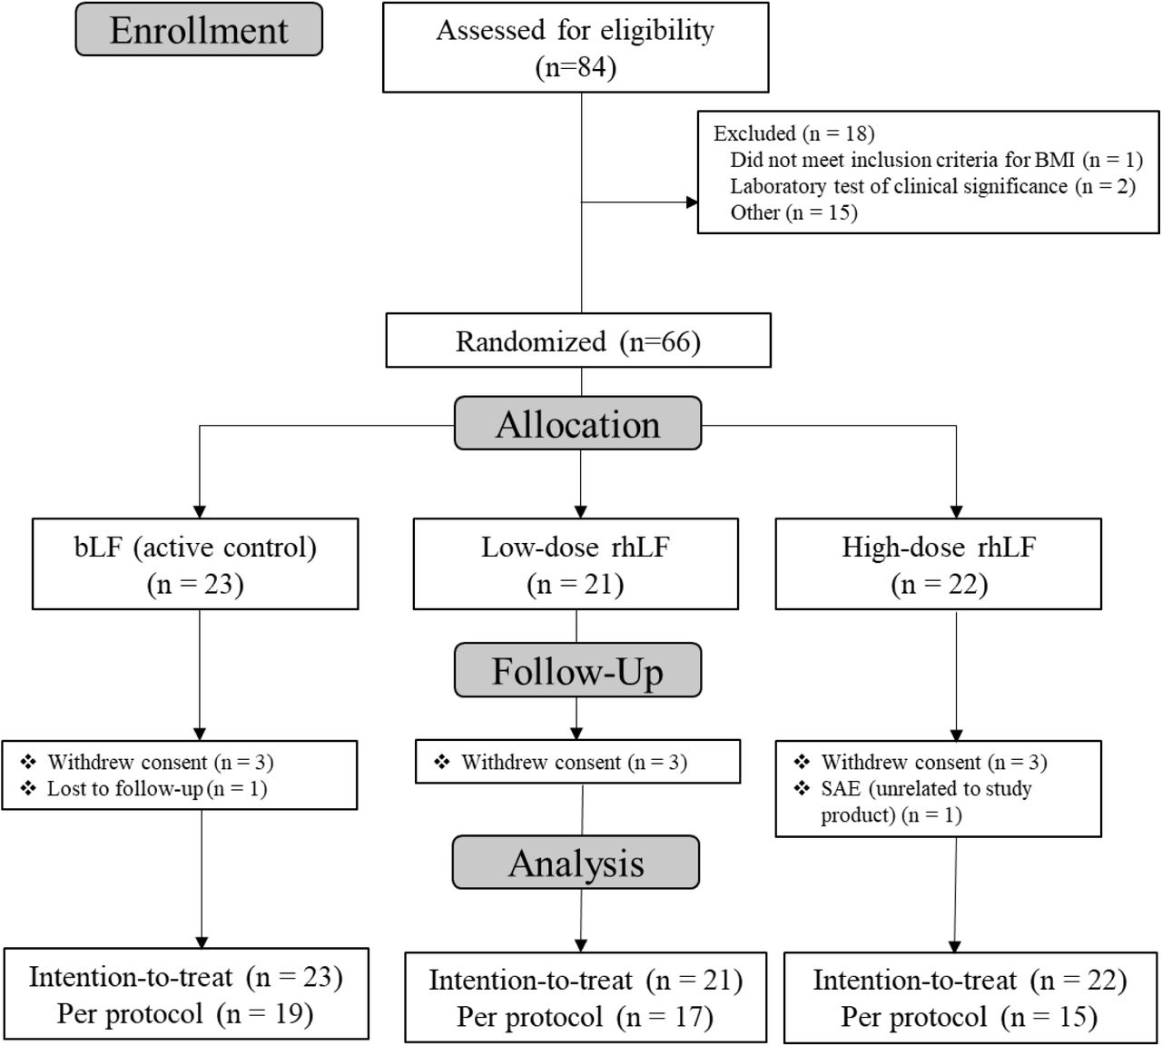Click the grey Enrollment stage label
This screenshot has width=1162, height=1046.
click(x=199, y=30)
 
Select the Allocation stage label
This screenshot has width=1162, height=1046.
click(x=577, y=424)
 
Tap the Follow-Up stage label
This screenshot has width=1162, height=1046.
click(x=577, y=670)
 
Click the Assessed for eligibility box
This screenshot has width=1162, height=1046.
click(x=576, y=47)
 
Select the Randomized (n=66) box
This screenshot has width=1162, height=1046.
click(x=578, y=340)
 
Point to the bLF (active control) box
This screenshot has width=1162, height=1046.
click(x=195, y=564)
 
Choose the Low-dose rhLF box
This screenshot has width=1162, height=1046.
click(x=576, y=564)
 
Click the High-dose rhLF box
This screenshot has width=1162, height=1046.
click(x=939, y=564)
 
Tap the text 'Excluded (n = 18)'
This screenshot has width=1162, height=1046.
click(x=793, y=133)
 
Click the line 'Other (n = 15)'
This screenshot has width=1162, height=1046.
click(x=793, y=212)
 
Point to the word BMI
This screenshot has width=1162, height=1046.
click(x=1054, y=160)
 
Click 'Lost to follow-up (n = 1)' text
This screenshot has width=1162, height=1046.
click(x=157, y=789)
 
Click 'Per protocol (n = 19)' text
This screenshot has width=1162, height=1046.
click(x=185, y=1014)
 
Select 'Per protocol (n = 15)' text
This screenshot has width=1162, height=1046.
click(x=970, y=1017)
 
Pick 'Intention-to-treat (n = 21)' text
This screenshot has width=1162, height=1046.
click(x=586, y=981)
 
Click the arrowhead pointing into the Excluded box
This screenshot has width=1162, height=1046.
click(x=692, y=202)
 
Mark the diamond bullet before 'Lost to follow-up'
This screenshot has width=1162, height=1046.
click(x=28, y=788)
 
